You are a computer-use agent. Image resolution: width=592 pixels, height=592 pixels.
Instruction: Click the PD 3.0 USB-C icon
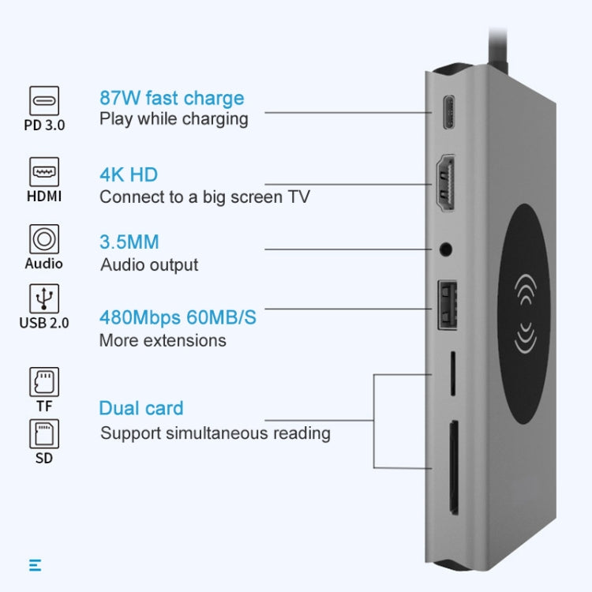[44, 101]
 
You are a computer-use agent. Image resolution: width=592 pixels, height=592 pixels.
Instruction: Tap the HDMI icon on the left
[44, 171]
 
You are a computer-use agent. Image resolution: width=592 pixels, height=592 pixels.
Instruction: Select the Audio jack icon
[44, 238]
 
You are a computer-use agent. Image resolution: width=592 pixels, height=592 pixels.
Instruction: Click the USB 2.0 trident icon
[44, 298]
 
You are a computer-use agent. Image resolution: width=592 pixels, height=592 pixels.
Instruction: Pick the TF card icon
[44, 381]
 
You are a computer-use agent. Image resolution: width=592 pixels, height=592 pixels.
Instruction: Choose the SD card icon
[44, 433]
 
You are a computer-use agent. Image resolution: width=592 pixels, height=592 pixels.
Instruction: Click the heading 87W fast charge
[171, 98]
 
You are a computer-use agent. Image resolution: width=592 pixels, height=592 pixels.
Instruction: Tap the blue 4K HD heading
[128, 174]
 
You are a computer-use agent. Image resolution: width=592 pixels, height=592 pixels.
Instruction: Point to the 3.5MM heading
[129, 242]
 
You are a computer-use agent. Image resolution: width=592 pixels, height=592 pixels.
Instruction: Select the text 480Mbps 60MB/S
[178, 317]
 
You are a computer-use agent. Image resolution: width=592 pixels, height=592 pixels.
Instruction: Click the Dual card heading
[141, 408]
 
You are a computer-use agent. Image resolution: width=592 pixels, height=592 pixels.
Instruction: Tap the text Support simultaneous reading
[215, 433]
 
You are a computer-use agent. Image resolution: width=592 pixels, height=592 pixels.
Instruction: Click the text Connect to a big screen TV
[204, 197]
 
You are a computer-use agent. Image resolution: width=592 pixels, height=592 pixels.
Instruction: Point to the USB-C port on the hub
[448, 112]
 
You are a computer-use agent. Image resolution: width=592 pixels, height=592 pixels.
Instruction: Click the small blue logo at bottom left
[35, 564]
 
